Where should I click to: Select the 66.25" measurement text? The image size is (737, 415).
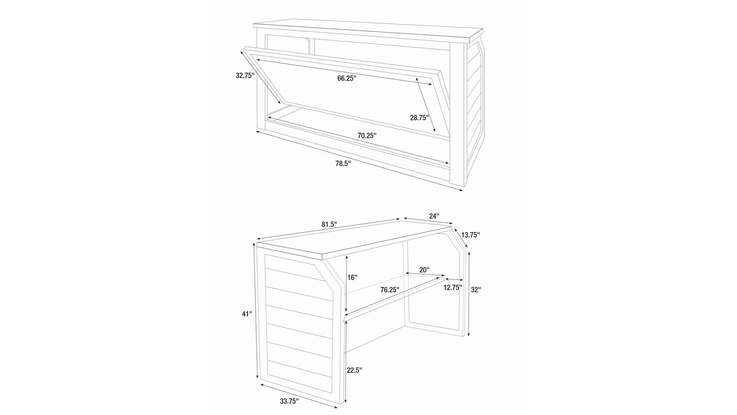[347, 78]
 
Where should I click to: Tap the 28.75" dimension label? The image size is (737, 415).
[419, 118]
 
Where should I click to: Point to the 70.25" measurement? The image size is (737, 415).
[367, 136]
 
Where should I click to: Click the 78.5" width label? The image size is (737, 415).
[343, 163]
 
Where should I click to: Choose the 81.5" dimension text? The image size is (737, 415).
[329, 224]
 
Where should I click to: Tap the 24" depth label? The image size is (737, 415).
[434, 216]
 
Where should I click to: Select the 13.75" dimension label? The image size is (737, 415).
[470, 235]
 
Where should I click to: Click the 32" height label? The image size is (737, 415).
[476, 289]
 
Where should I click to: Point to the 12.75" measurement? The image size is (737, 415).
[453, 287]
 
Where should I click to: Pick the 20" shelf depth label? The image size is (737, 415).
[424, 270]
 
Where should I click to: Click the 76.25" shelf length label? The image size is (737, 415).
[390, 290]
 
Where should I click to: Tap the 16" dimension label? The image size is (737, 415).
[352, 277]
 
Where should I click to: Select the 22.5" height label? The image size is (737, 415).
[355, 370]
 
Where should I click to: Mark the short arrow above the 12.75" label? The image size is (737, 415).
[454, 279]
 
